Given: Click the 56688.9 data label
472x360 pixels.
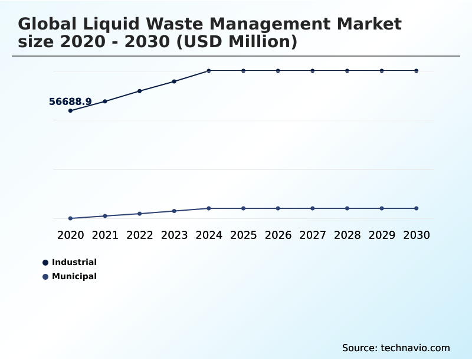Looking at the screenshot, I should (x=70, y=102).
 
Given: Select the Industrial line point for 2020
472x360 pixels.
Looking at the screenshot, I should (x=70, y=110).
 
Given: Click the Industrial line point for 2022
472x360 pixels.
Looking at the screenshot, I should (x=140, y=91).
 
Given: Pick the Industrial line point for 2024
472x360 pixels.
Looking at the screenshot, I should (x=209, y=71).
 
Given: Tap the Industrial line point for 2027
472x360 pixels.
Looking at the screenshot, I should (x=313, y=71).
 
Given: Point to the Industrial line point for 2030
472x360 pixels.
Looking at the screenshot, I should (x=417, y=71).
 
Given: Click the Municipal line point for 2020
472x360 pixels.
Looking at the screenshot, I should (x=70, y=218).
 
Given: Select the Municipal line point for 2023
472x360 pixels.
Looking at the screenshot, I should (x=174, y=211).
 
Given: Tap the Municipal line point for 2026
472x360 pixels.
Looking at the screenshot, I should (x=278, y=208).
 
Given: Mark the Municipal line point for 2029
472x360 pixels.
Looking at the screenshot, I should (x=382, y=208).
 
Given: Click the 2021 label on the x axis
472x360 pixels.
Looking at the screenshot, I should (x=105, y=235).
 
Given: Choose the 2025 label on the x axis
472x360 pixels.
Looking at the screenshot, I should (x=243, y=235).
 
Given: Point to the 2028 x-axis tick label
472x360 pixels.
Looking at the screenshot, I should (x=347, y=235).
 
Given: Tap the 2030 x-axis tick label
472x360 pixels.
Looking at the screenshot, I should (x=417, y=235).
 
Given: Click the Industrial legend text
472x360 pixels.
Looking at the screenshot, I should (x=74, y=262).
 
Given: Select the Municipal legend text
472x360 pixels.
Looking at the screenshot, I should (x=74, y=276).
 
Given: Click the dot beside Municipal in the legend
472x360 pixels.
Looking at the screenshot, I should (x=45, y=277).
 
